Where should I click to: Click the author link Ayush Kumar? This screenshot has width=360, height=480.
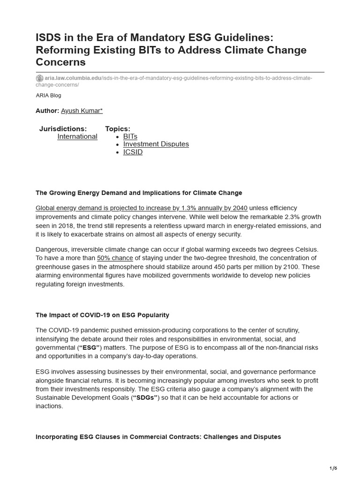[x=82, y=111]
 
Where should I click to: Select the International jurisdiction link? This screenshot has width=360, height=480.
[x=77, y=136]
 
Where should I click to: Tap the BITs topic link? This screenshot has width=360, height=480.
[x=130, y=136]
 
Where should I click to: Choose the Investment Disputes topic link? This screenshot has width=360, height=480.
[x=156, y=144]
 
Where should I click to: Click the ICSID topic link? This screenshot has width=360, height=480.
[x=133, y=152]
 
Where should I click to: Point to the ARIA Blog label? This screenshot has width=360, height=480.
[x=48, y=95]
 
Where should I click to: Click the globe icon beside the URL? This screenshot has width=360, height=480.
[x=39, y=78]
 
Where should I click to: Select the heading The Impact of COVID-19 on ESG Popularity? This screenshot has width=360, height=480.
[x=102, y=315]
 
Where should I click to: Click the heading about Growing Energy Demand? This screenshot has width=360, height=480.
[x=139, y=193]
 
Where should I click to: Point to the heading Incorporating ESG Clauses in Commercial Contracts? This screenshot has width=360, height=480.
[x=158, y=437]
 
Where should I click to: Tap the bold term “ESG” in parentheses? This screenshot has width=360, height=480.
[x=90, y=347]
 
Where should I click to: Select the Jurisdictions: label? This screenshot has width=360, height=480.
[x=63, y=128]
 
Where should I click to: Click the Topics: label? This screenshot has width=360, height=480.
[x=118, y=128]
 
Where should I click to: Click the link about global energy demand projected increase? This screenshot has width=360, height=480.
[x=142, y=208]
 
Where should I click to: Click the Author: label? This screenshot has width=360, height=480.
[x=47, y=111]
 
